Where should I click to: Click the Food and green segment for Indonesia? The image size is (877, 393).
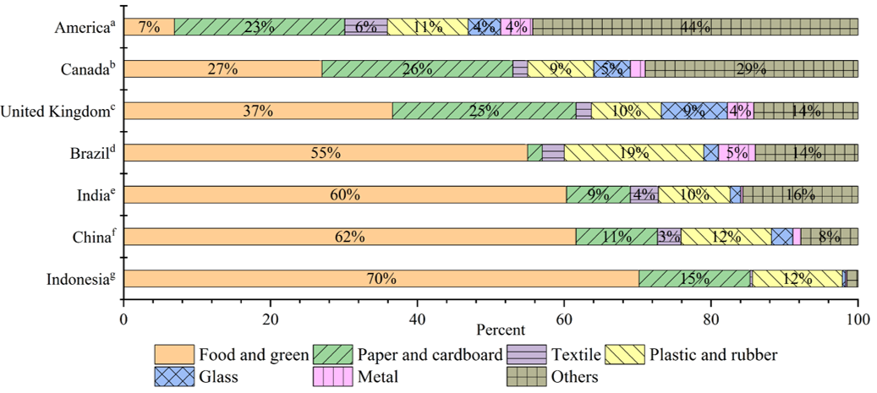click(381, 278)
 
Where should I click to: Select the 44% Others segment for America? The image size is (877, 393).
click(695, 27)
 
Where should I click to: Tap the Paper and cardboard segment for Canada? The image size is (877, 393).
click(417, 68)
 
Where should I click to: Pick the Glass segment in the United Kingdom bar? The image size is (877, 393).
click(694, 111)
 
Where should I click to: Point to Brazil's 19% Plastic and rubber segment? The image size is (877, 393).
click(634, 152)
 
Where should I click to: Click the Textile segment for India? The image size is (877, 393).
click(644, 194)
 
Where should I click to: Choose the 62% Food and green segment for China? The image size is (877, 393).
click(349, 236)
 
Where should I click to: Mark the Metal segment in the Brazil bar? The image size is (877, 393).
click(737, 152)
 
